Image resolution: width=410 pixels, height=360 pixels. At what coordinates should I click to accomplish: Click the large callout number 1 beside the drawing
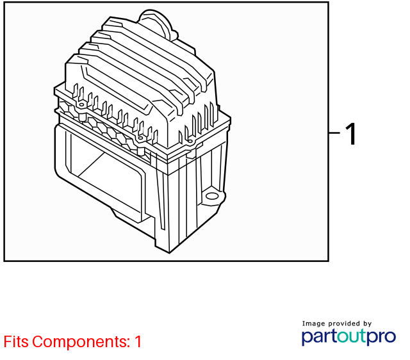point(351,134)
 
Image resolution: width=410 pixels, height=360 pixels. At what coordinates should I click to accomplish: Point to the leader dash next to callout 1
point(334,133)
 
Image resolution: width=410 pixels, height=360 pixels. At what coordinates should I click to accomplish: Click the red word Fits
point(16,341)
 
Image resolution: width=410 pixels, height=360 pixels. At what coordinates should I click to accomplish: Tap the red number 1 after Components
point(138,341)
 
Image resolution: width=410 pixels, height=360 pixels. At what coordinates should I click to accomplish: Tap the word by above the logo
point(367,324)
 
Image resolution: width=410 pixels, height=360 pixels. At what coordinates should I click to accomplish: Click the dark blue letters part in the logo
point(320,337)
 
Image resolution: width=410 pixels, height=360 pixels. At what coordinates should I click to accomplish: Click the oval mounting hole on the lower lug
point(212,196)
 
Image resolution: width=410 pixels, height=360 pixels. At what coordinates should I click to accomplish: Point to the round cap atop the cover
point(156,24)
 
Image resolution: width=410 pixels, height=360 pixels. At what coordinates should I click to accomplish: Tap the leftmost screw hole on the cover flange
point(81,105)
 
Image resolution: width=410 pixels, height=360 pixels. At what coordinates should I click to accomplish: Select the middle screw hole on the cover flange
point(140,138)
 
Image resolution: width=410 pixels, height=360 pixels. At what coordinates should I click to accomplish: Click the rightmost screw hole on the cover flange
point(190,142)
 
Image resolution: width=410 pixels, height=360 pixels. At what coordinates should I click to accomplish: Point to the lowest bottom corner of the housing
point(169,253)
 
